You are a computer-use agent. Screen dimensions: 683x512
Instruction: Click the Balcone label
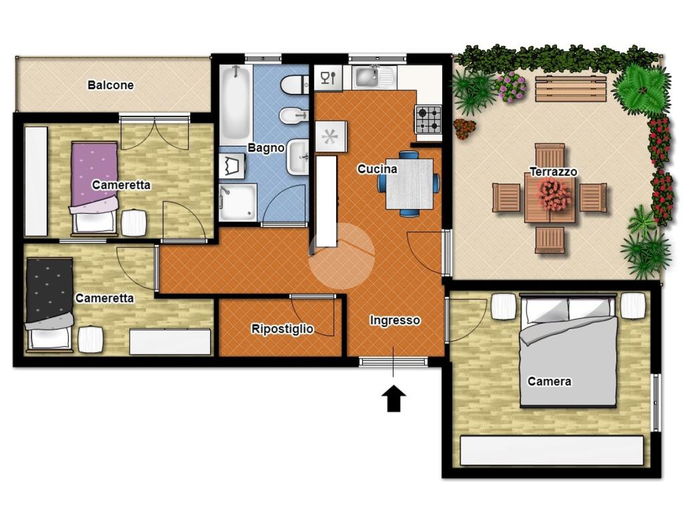tap(111, 85)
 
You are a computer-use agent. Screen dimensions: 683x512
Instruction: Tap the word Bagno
tap(265, 147)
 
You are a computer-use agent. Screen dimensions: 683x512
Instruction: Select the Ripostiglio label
tap(282, 329)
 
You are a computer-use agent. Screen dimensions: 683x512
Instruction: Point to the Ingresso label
tap(395, 321)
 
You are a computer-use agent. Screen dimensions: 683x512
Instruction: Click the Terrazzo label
tap(553, 171)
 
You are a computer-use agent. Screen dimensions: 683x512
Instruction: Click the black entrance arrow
tap(394, 399)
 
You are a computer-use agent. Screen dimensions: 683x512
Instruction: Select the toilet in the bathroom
tap(295, 85)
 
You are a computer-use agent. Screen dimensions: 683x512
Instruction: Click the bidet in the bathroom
tap(293, 116)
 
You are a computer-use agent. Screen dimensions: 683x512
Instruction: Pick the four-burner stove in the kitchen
tap(429, 120)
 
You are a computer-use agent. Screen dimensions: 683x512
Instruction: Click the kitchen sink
tap(374, 77)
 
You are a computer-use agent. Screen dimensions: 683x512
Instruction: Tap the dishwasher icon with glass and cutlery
tap(328, 79)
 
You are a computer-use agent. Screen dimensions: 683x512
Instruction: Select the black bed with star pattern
tap(49, 303)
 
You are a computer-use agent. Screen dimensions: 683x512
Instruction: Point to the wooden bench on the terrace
tap(571, 89)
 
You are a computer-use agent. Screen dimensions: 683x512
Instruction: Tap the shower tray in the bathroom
tap(238, 202)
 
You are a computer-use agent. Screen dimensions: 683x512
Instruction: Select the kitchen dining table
tap(409, 184)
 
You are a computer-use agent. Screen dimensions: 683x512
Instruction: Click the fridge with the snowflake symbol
tap(331, 136)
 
